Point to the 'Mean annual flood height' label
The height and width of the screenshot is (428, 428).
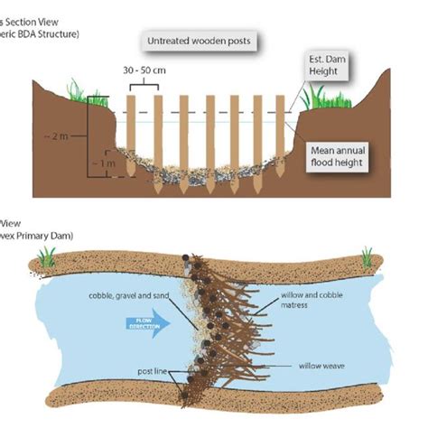(342, 157)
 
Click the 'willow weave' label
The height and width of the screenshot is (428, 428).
(318, 366)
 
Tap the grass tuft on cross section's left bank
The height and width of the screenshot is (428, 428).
(75, 91)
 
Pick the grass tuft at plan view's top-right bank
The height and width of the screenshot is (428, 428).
(367, 256)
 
